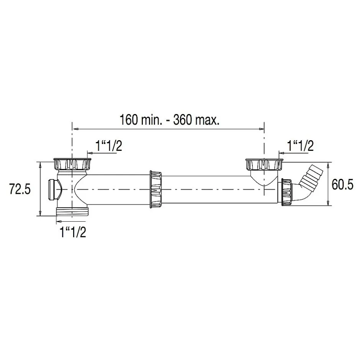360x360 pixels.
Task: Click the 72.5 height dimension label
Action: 20,190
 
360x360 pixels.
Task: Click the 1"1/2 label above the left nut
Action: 109,146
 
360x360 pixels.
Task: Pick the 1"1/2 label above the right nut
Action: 301,146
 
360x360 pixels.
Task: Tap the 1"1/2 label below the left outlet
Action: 73,232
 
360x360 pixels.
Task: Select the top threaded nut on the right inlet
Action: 264,164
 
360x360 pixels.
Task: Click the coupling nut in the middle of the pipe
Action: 155,190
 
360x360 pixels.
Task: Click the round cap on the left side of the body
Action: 55,190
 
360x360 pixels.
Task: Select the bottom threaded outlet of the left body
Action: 73,212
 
